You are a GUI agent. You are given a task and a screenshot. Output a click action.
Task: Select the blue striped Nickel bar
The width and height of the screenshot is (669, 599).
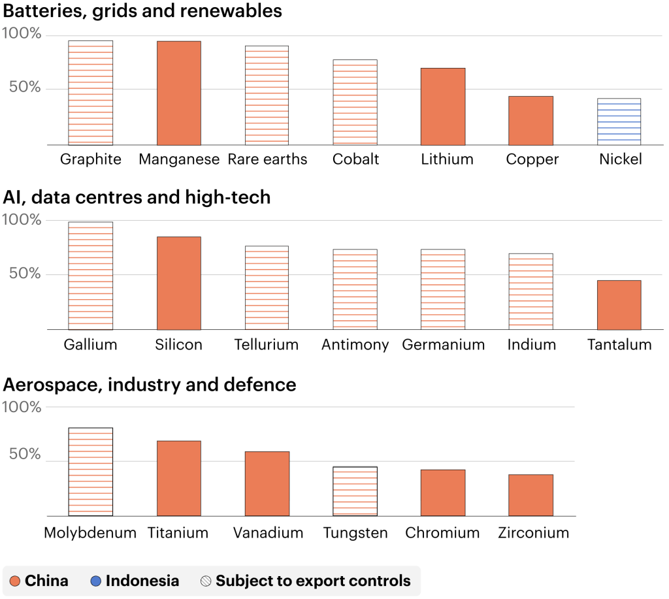[619, 121]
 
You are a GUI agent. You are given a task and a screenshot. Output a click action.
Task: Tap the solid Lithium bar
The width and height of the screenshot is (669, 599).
[443, 106]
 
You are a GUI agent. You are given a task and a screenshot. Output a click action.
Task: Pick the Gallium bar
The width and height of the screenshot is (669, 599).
[91, 276]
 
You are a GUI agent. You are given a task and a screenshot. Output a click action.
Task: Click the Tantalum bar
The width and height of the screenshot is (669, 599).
[619, 305]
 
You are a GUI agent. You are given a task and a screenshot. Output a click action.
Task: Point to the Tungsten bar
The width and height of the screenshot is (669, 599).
[355, 491]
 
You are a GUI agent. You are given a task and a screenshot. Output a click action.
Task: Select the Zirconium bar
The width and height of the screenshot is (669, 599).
[530, 495]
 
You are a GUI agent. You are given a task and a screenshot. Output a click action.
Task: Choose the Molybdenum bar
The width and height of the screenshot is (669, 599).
[91, 472]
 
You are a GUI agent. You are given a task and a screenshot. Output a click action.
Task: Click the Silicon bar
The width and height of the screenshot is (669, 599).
[179, 283]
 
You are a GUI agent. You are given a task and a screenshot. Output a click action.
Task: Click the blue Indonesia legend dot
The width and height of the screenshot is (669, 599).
[96, 581]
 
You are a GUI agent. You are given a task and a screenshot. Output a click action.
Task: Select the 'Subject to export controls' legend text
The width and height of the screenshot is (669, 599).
[313, 581]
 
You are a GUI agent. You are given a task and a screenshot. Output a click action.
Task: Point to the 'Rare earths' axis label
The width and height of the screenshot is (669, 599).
[267, 159]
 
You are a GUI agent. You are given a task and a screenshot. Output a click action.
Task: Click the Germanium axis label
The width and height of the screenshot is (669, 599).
[444, 345]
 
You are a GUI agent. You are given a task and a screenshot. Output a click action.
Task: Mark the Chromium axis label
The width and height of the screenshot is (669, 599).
[442, 533]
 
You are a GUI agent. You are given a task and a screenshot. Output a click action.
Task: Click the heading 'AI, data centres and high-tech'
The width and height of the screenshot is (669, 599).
[137, 197]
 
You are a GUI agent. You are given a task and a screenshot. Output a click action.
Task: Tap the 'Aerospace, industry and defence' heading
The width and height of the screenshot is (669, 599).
[150, 385]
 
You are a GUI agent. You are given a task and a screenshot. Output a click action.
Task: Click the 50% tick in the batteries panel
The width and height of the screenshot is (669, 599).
[25, 88]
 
